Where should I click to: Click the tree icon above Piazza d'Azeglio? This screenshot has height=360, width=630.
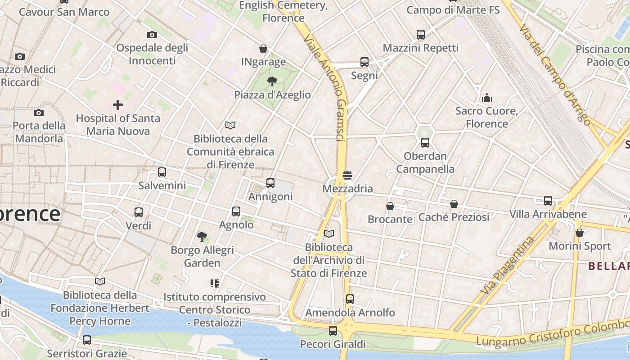pyautogui.click(x=272, y=81)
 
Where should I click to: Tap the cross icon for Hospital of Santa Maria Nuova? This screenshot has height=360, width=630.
pyautogui.click(x=118, y=105)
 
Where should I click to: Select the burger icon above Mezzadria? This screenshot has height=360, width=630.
pyautogui.click(x=347, y=175)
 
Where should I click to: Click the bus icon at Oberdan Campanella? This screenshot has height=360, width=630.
pyautogui.click(x=425, y=143)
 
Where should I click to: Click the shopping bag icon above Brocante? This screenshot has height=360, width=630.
pyautogui.click(x=390, y=206)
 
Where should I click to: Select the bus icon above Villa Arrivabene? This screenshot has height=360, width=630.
pyautogui.click(x=548, y=201)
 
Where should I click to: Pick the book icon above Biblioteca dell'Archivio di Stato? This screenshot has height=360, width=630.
pyautogui.click(x=329, y=234)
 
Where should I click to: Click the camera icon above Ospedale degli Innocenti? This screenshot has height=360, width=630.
pyautogui.click(x=152, y=35)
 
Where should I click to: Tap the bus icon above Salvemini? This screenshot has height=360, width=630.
pyautogui.click(x=162, y=172)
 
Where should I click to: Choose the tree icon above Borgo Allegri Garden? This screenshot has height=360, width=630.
pyautogui.click(x=202, y=236)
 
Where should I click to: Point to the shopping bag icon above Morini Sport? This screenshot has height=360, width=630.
pyautogui.click(x=580, y=233)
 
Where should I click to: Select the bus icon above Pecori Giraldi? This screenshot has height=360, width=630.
pyautogui.click(x=333, y=331)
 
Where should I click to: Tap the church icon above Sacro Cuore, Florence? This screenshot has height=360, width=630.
pyautogui.click(x=486, y=98)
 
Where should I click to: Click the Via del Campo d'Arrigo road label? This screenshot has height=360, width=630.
pyautogui.click(x=553, y=74)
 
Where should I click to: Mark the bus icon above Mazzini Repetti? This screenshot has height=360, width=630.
pyautogui.click(x=421, y=34)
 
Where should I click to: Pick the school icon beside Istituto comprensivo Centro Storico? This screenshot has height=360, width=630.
pyautogui.click(x=214, y=283)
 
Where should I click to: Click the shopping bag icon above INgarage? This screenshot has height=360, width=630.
pyautogui.click(x=263, y=49)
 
